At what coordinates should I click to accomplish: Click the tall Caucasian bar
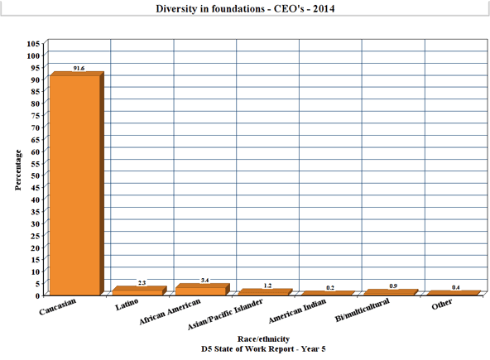point(75,185)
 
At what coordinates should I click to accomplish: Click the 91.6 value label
point(79,68)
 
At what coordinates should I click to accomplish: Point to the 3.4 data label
point(204,281)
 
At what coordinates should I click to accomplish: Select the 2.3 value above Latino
point(142,283)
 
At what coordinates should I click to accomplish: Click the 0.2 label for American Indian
point(330,288)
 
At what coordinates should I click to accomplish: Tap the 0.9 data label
point(393,286)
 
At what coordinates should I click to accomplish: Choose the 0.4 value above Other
point(456,287)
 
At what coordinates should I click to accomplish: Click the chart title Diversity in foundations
point(245,8)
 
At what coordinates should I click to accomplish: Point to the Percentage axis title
point(18,170)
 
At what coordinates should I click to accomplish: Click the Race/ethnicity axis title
point(263,339)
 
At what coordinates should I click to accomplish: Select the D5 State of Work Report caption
point(263,348)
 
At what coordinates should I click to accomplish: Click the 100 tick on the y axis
point(33,55)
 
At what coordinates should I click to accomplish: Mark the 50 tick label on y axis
point(36,175)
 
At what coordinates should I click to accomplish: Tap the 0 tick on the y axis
point(38,295)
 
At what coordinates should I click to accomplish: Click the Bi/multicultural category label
point(363,310)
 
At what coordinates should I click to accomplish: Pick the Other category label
point(441,305)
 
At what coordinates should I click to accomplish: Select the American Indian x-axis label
point(297,311)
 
